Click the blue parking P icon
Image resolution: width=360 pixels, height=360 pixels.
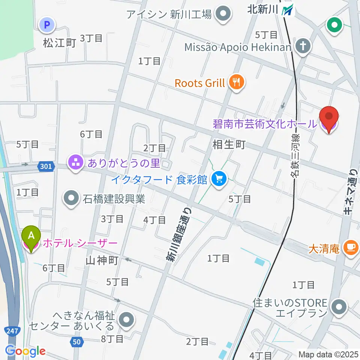(x=47, y=25)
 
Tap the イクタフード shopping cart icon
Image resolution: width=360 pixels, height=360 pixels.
(x=219, y=179)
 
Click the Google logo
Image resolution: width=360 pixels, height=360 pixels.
(x=25, y=351)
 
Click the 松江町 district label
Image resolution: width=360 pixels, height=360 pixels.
(x=59, y=43)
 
